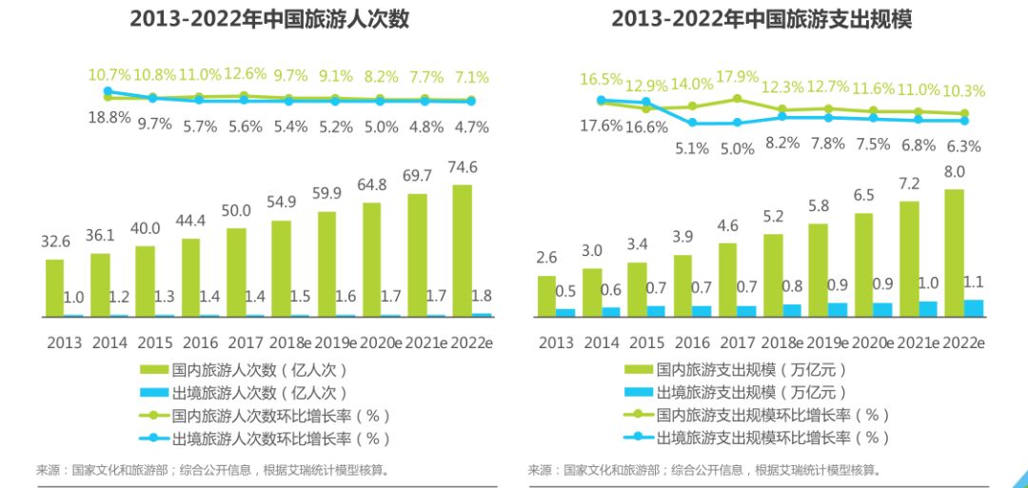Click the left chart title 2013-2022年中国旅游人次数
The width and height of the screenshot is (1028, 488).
tap(269, 19)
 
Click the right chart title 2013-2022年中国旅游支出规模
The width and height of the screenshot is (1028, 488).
tap(761, 19)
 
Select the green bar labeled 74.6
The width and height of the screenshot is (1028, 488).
tap(462, 249)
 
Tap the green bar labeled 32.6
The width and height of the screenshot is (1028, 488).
tap(55, 287)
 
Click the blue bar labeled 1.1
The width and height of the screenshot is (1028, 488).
tap(974, 307)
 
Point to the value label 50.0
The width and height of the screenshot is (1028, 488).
tap(236, 211)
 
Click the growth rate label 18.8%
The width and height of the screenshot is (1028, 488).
tap(109, 119)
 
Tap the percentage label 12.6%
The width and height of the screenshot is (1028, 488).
tap(245, 74)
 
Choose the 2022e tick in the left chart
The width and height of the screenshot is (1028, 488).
tap(469, 343)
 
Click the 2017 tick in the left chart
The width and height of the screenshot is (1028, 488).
tap(245, 343)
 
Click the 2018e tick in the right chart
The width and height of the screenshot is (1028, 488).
tap(781, 343)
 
